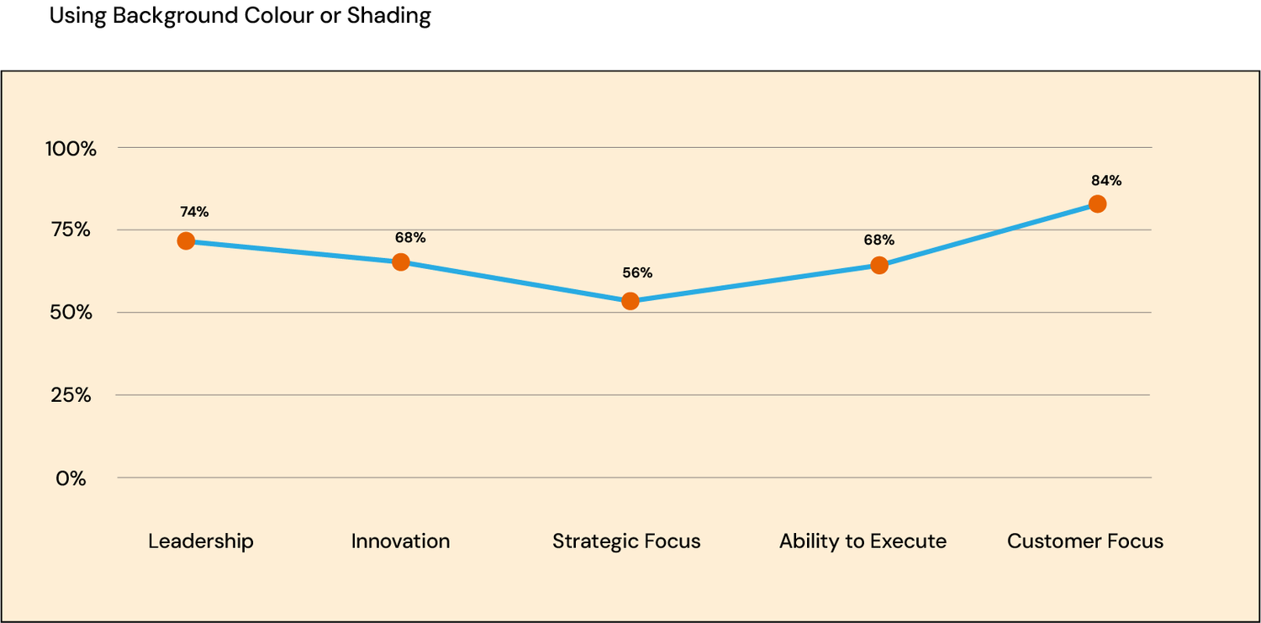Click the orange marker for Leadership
click(186, 241)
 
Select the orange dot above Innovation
click(401, 262)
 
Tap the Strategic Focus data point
click(630, 301)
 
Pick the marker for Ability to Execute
click(879, 266)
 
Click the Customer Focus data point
click(1097, 204)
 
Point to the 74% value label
click(194, 213)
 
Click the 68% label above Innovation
click(410, 238)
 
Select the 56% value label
click(637, 273)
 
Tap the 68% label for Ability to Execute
click(878, 240)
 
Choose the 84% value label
click(1106, 181)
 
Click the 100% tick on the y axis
click(71, 149)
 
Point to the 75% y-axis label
click(71, 230)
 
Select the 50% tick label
click(71, 313)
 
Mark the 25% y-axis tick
click(71, 395)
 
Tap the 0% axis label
click(71, 478)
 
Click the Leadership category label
click(201, 541)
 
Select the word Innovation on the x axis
click(400, 541)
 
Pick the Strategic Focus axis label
click(626, 541)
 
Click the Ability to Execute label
click(863, 541)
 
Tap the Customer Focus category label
click(1085, 541)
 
